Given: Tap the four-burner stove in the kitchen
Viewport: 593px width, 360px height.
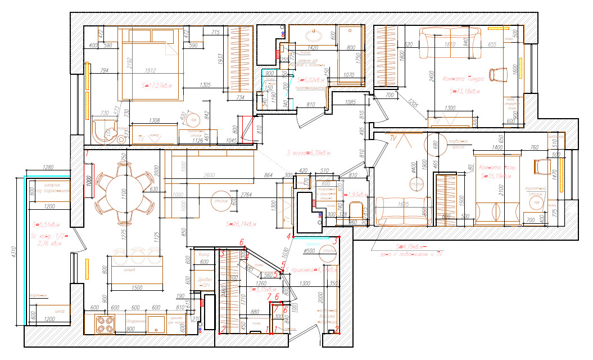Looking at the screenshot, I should (x=105, y=324).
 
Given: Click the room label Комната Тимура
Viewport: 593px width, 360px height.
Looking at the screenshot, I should (x=464, y=78).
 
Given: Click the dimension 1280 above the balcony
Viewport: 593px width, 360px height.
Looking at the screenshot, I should (x=48, y=167).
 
